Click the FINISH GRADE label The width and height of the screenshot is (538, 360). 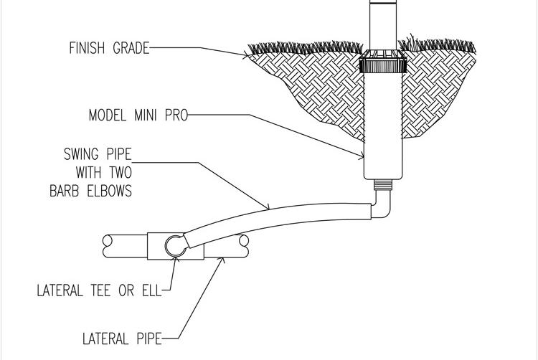click(x=110, y=49)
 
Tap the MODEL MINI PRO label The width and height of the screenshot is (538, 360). click(x=138, y=115)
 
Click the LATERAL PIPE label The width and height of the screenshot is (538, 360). click(x=121, y=338)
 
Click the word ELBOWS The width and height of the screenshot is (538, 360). click(x=107, y=191)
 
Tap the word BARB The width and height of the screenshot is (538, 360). click(x=64, y=191)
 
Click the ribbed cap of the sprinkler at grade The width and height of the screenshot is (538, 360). click(x=383, y=65)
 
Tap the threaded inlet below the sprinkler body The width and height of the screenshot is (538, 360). click(x=383, y=184)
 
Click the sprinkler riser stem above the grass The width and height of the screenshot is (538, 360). click(x=383, y=22)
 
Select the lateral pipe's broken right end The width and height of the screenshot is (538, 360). click(x=244, y=247)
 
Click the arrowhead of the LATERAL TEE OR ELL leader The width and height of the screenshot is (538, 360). click(x=176, y=260)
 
